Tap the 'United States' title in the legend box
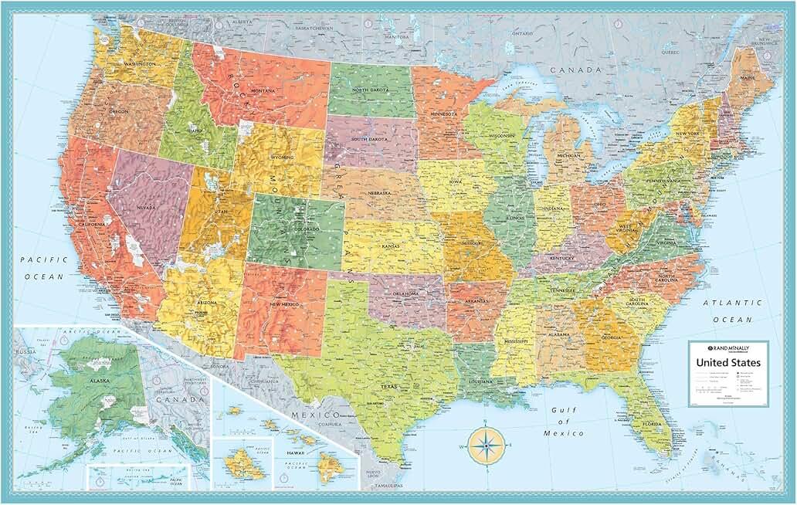coord(727,362)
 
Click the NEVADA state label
coord(147,207)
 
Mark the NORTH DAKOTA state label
coord(370,90)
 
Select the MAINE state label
coord(748,77)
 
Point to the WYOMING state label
coord(281,158)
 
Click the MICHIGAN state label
coord(568,155)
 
